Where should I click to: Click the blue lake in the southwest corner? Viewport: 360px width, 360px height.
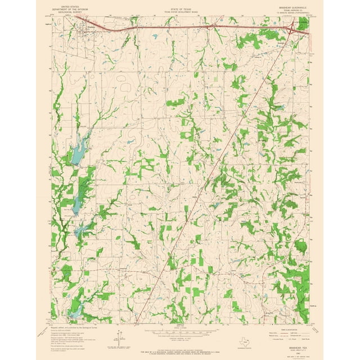click(73, 313)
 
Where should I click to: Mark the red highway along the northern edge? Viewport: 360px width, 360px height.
click(169, 26)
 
